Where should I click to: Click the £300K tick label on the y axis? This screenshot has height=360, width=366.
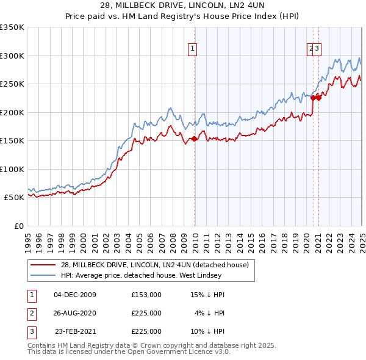(x=12, y=56)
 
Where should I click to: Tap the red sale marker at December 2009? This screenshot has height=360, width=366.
(x=195, y=139)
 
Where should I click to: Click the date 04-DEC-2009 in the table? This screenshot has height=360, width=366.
(x=75, y=295)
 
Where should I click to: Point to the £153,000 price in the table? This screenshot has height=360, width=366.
(x=146, y=295)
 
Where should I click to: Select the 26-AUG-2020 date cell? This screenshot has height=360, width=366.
(x=75, y=313)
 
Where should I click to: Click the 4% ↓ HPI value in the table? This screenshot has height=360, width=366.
(x=210, y=313)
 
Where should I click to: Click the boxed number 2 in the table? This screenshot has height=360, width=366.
(x=30, y=313)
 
